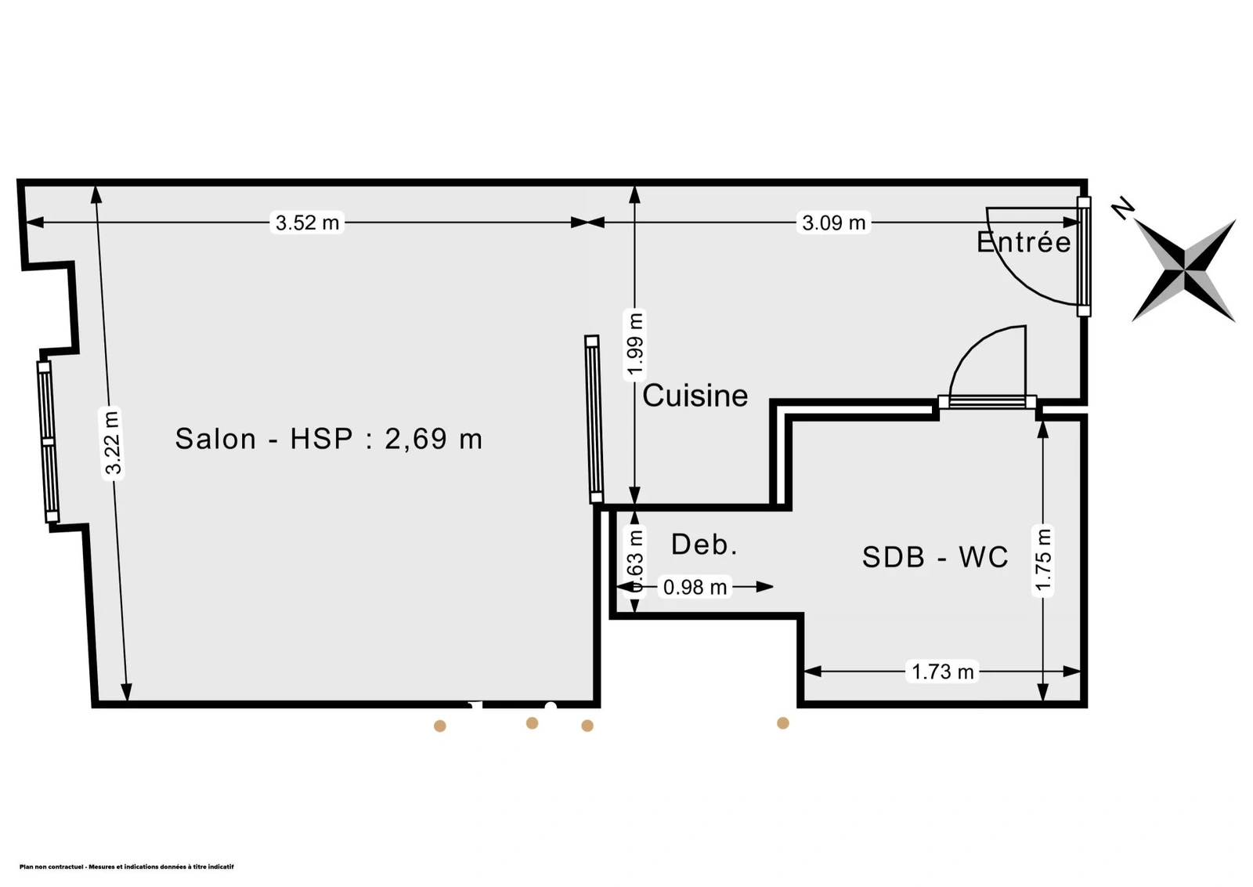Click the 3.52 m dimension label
[307, 223]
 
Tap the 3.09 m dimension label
[833, 223]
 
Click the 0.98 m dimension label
[695, 587]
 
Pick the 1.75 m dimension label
[1043, 560]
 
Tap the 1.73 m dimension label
[943, 672]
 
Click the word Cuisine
[695, 396]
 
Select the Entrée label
[1023, 242]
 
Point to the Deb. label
[704, 545]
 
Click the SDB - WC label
[935, 557]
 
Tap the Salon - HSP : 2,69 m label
[328, 439]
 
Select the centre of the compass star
[1183, 270]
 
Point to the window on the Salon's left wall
[48, 442]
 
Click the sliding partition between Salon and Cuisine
[594, 418]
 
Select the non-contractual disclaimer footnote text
[126, 867]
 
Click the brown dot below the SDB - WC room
[783, 723]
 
